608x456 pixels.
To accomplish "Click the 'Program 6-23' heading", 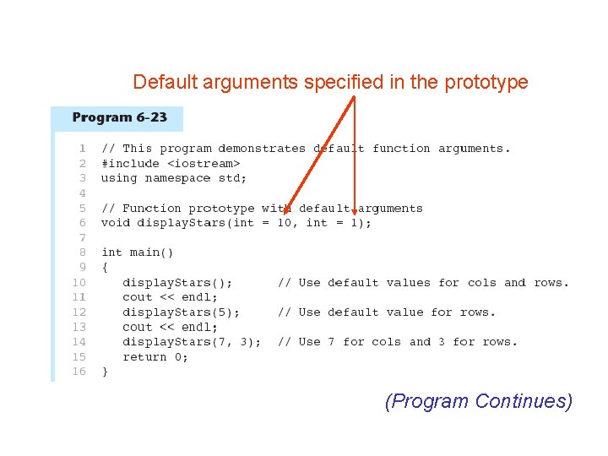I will pos(119,117).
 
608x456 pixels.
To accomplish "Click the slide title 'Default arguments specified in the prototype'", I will pos(330,82).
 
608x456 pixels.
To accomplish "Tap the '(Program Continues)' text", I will pos(478,401).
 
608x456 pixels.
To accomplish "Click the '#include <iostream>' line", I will pos(171,163).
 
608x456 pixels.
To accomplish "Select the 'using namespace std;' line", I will pos(174,178).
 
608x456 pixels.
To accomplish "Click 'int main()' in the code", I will pos(137,252).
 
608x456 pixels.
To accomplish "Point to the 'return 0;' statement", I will pos(155,357).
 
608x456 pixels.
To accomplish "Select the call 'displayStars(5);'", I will pos(181,312).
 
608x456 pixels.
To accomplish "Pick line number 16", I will pos(79,372).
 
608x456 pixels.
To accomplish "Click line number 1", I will pos(82,149).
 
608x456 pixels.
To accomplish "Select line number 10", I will pos(79,283).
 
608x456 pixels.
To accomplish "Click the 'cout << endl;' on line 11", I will pos(170,297).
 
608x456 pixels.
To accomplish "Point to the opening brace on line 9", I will pos(105,268).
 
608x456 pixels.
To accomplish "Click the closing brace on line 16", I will pos(105,372).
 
